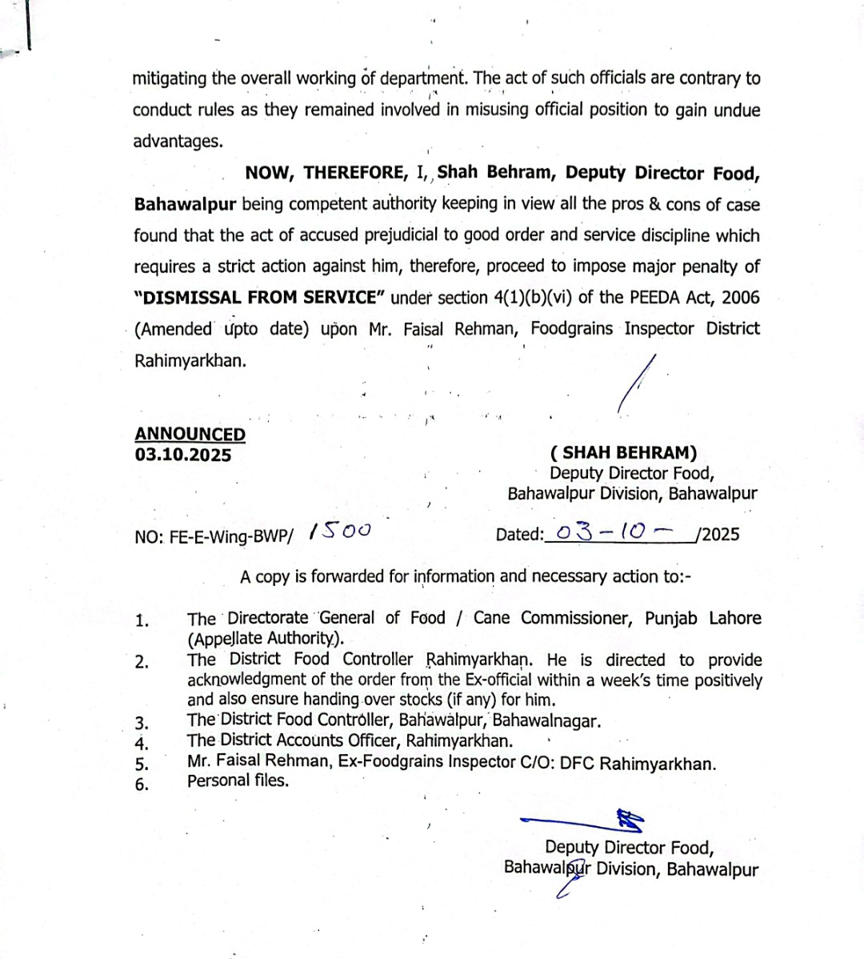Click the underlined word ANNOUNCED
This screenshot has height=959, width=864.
[x=190, y=434]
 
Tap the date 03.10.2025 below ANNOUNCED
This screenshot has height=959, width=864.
[x=183, y=455]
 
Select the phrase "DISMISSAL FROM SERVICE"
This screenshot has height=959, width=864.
[x=260, y=298]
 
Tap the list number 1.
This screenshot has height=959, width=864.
[x=142, y=620]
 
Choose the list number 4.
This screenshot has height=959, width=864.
[x=142, y=742]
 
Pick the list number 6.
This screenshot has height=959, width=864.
[x=142, y=784]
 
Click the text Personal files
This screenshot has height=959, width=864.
[x=238, y=780]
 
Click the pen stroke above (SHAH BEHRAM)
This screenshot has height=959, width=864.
[x=637, y=383]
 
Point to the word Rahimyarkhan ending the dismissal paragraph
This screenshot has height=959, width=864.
[x=190, y=360]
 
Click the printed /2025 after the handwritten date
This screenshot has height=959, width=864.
[x=718, y=534]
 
